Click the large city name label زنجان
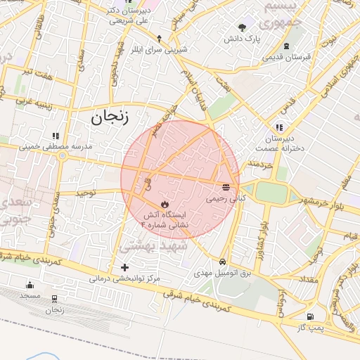(x=110, y=117)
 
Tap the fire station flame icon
(x=165, y=204)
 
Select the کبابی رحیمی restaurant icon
(x=226, y=187)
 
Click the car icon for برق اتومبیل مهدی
(x=222, y=261)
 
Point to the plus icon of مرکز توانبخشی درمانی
(x=125, y=267)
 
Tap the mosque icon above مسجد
(x=30, y=285)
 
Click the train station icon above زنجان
(x=54, y=297)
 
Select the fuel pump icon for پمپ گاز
(x=310, y=316)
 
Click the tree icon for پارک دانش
(x=243, y=27)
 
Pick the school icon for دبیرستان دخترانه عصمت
(x=279, y=127)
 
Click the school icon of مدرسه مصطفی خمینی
(x=55, y=136)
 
